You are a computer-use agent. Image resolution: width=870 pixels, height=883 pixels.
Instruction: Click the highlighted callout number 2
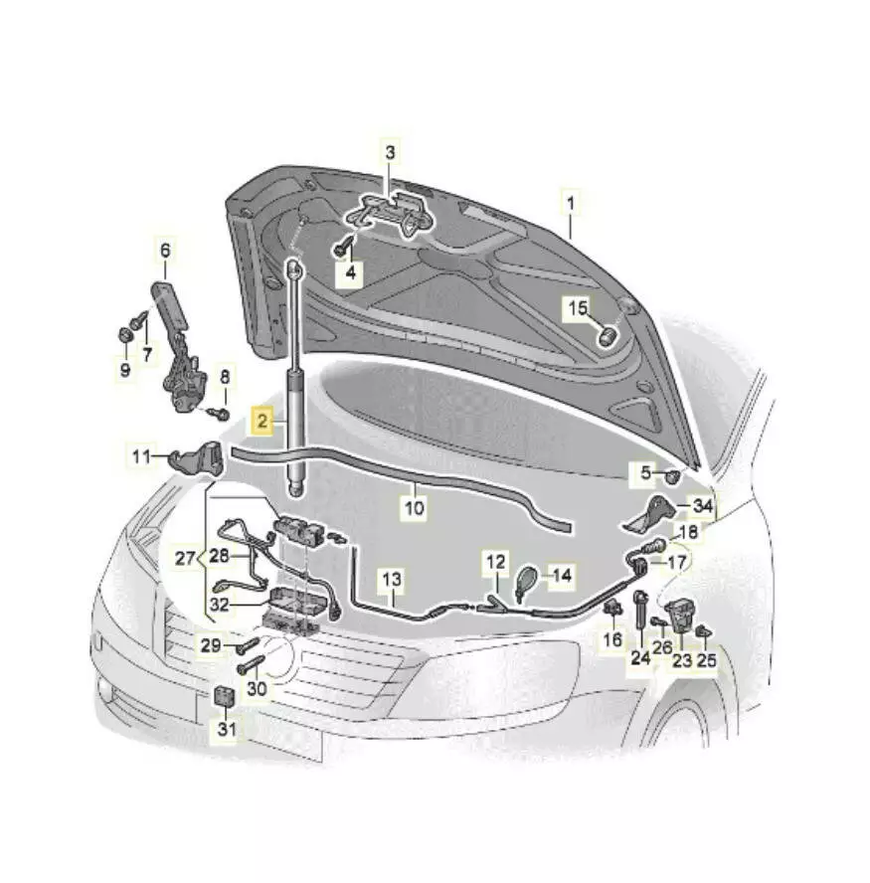click(x=262, y=420)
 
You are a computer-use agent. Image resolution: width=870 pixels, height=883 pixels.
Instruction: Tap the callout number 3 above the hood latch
click(x=390, y=152)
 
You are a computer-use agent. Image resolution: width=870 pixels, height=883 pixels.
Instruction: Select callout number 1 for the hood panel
click(x=571, y=203)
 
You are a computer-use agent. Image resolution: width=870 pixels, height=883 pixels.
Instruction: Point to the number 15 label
click(x=578, y=308)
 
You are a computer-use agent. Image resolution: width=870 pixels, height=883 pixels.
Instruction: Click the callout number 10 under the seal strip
click(x=415, y=508)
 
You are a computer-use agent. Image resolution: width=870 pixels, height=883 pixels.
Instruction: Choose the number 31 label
click(x=227, y=729)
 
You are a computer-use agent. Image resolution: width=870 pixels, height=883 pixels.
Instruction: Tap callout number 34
click(x=703, y=506)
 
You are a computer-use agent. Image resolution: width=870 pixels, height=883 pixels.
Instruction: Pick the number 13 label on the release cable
click(x=392, y=579)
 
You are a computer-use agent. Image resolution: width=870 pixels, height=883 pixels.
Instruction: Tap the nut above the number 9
click(x=124, y=334)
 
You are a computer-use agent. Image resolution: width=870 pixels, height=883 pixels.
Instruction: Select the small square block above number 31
click(x=224, y=697)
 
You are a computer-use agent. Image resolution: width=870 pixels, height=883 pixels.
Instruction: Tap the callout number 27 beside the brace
click(x=185, y=559)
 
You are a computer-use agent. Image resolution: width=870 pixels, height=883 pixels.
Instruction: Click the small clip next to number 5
click(x=672, y=477)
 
